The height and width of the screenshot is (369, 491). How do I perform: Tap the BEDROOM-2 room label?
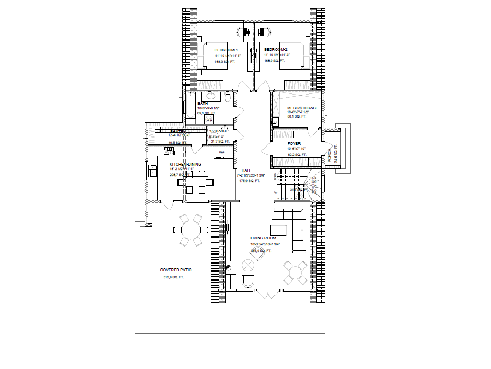276,50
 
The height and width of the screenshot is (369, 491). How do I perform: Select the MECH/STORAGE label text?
302,108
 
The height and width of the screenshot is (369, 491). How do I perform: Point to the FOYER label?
294,144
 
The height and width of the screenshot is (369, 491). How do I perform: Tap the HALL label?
246,171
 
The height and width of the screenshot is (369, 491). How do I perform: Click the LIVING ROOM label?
263,238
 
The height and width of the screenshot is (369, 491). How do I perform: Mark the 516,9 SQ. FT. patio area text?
174,278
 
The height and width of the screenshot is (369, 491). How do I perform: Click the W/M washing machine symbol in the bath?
208,119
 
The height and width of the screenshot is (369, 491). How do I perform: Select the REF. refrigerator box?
222,152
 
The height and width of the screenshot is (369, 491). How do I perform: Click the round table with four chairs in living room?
295,271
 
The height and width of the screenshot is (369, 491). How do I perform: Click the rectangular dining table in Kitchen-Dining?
195,182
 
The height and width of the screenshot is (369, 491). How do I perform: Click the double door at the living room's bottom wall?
268,295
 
